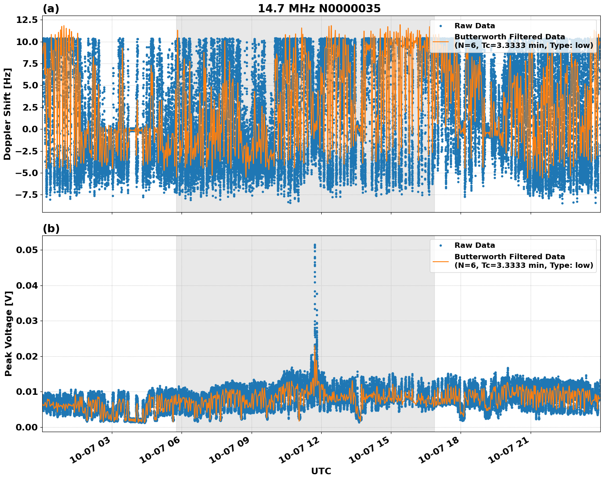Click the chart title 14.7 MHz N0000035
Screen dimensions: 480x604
pos(319,9)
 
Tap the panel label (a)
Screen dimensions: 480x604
pos(51,9)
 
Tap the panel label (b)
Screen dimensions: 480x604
pos(51,229)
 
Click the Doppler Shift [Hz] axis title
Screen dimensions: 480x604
pos(7,114)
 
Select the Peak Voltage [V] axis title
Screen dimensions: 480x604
pos(8,333)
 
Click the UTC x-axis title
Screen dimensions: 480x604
pos(321,471)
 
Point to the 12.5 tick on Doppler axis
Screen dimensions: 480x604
pos(26,20)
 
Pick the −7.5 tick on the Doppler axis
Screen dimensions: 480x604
pos(24,195)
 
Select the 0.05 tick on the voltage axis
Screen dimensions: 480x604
pos(28,250)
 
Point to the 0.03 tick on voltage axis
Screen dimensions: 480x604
pos(28,321)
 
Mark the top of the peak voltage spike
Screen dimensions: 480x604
pos(315,245)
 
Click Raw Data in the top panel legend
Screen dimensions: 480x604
pos(475,26)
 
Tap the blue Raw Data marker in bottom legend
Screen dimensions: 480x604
pos(441,246)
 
